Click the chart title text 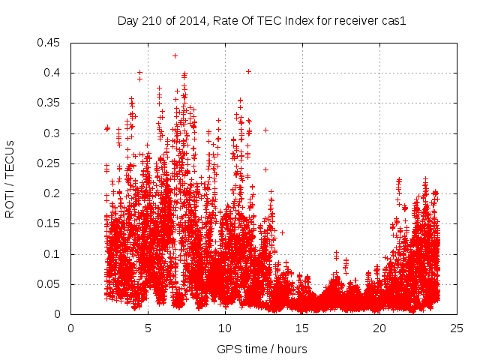(x=262, y=21)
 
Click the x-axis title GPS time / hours (x=262, y=349)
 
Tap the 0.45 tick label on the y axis (x=51, y=43)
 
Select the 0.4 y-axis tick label (x=54, y=73)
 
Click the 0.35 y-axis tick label (x=51, y=103)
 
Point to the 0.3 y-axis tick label (x=54, y=133)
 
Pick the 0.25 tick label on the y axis (x=51, y=163)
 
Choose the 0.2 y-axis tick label (x=54, y=193)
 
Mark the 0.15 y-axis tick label (x=51, y=224)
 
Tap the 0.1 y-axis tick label (x=54, y=254)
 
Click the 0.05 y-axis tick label (x=51, y=284)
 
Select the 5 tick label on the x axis (x=148, y=328)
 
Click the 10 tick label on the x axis (x=226, y=328)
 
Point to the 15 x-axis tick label (x=303, y=328)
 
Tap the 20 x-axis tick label (x=380, y=328)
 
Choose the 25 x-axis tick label (x=457, y=328)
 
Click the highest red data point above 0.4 (x=175, y=55)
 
